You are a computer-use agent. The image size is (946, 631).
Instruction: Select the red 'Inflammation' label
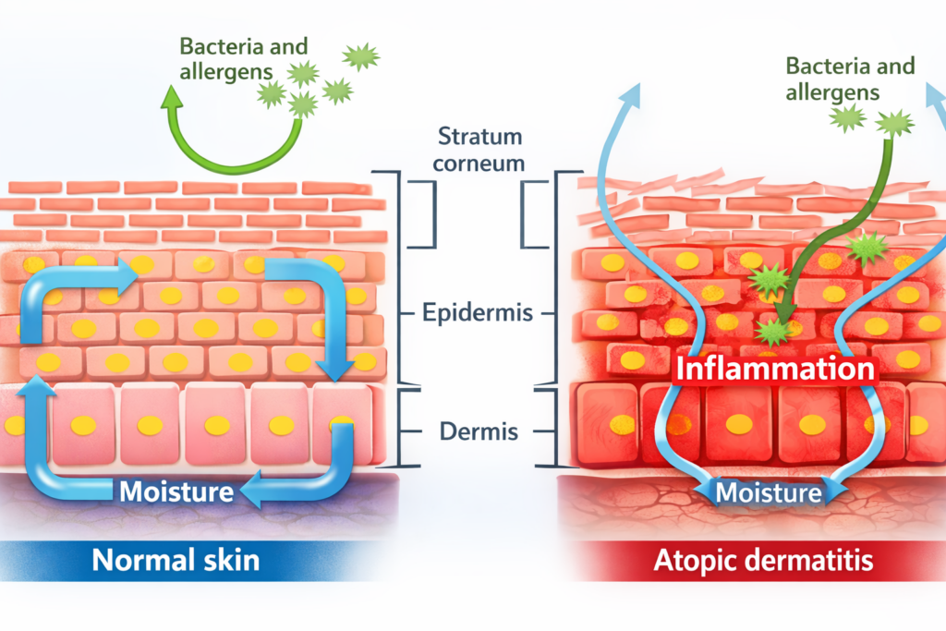click(775, 368)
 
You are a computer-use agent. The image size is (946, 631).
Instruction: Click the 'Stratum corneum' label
click(481, 151)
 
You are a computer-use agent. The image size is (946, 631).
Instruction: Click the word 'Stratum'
click(481, 138)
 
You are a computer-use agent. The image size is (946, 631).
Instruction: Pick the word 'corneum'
click(481, 164)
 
